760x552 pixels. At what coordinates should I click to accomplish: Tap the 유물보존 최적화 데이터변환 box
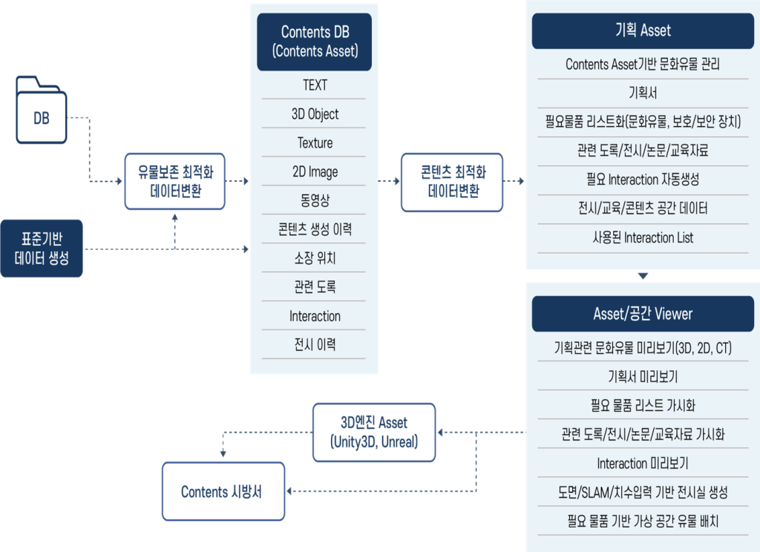pos(174,181)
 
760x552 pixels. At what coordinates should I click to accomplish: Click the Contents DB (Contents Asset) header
pos(315,42)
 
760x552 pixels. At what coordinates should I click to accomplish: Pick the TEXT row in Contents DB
pos(315,85)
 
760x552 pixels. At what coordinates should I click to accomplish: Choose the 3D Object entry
pos(315,114)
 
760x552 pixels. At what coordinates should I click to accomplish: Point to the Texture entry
pos(315,143)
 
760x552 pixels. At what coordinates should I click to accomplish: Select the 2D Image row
pos(315,172)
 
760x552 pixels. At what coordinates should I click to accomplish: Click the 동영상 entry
pos(315,200)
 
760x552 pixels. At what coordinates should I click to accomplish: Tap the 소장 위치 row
pos(315,258)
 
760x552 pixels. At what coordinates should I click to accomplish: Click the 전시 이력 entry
pos(315,345)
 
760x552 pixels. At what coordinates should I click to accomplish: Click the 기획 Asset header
pos(643,31)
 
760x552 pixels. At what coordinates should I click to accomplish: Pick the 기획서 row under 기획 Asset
pos(643,93)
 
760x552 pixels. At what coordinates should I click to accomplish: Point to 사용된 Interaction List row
pos(643,238)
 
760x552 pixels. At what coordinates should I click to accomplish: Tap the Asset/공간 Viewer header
pos(643,314)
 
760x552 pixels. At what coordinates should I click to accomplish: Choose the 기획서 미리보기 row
pos(643,377)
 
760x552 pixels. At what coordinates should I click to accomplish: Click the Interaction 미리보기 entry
pos(643,464)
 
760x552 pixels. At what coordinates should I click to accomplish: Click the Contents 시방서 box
pos(223,491)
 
